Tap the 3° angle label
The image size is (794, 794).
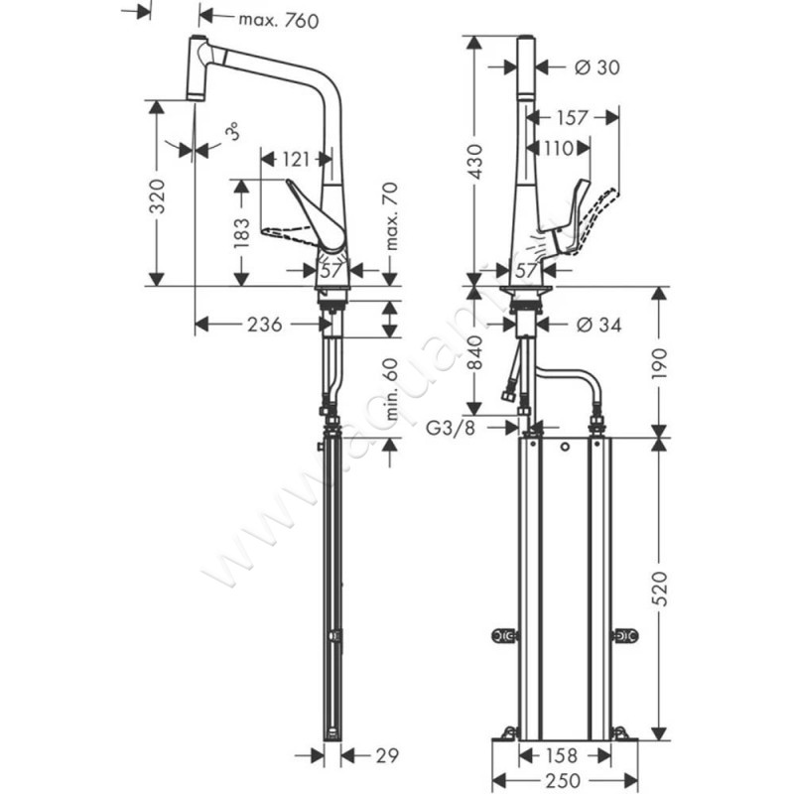click(x=230, y=132)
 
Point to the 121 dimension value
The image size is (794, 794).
click(x=293, y=157)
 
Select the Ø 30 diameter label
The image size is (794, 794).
click(x=597, y=66)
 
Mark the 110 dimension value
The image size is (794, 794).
click(x=558, y=149)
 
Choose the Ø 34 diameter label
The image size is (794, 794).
click(x=598, y=324)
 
